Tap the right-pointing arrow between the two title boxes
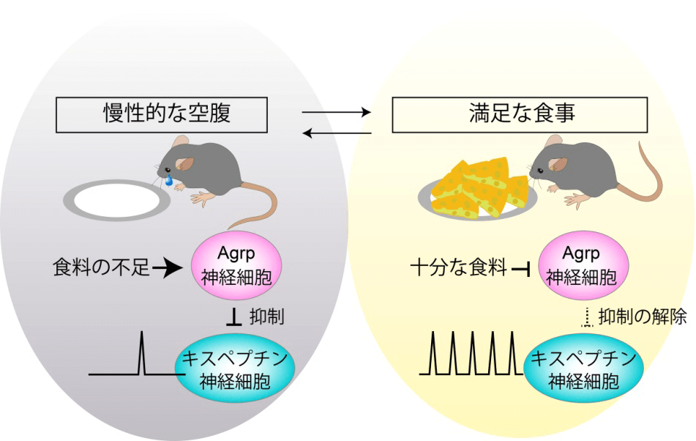pyautogui.click(x=337, y=113)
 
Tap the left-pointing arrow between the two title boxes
pyautogui.click(x=337, y=133)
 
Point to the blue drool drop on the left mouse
pyautogui.click(x=169, y=180)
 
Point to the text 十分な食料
pyautogui.click(x=458, y=269)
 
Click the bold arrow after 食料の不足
pyautogui.click(x=168, y=269)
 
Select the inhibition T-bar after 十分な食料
pyautogui.click(x=521, y=270)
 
